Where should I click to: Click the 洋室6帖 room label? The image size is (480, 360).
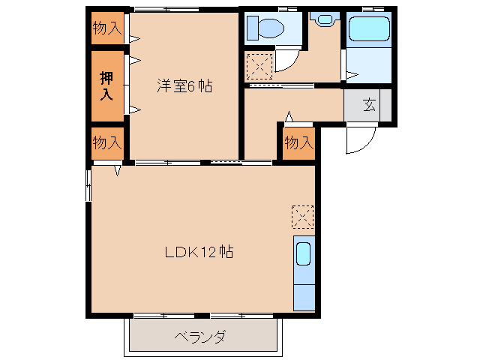click(184, 86)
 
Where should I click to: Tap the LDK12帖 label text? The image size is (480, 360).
click(199, 252)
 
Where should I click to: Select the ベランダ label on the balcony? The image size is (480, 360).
click(200, 337)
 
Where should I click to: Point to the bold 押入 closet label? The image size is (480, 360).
click(106, 85)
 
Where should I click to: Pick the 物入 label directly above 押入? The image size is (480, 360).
click(106, 28)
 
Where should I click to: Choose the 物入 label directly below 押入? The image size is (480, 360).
click(106, 142)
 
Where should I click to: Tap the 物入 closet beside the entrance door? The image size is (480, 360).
click(298, 142)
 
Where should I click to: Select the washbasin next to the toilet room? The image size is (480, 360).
click(325, 19)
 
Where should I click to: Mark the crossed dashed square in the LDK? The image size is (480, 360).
click(302, 217)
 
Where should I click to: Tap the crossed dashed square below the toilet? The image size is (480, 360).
click(259, 67)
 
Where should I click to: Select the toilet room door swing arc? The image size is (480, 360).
click(286, 61)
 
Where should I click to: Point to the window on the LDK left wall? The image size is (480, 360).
click(88, 184)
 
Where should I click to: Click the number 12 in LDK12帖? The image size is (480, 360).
click(208, 252)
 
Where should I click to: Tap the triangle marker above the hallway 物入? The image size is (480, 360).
click(289, 116)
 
